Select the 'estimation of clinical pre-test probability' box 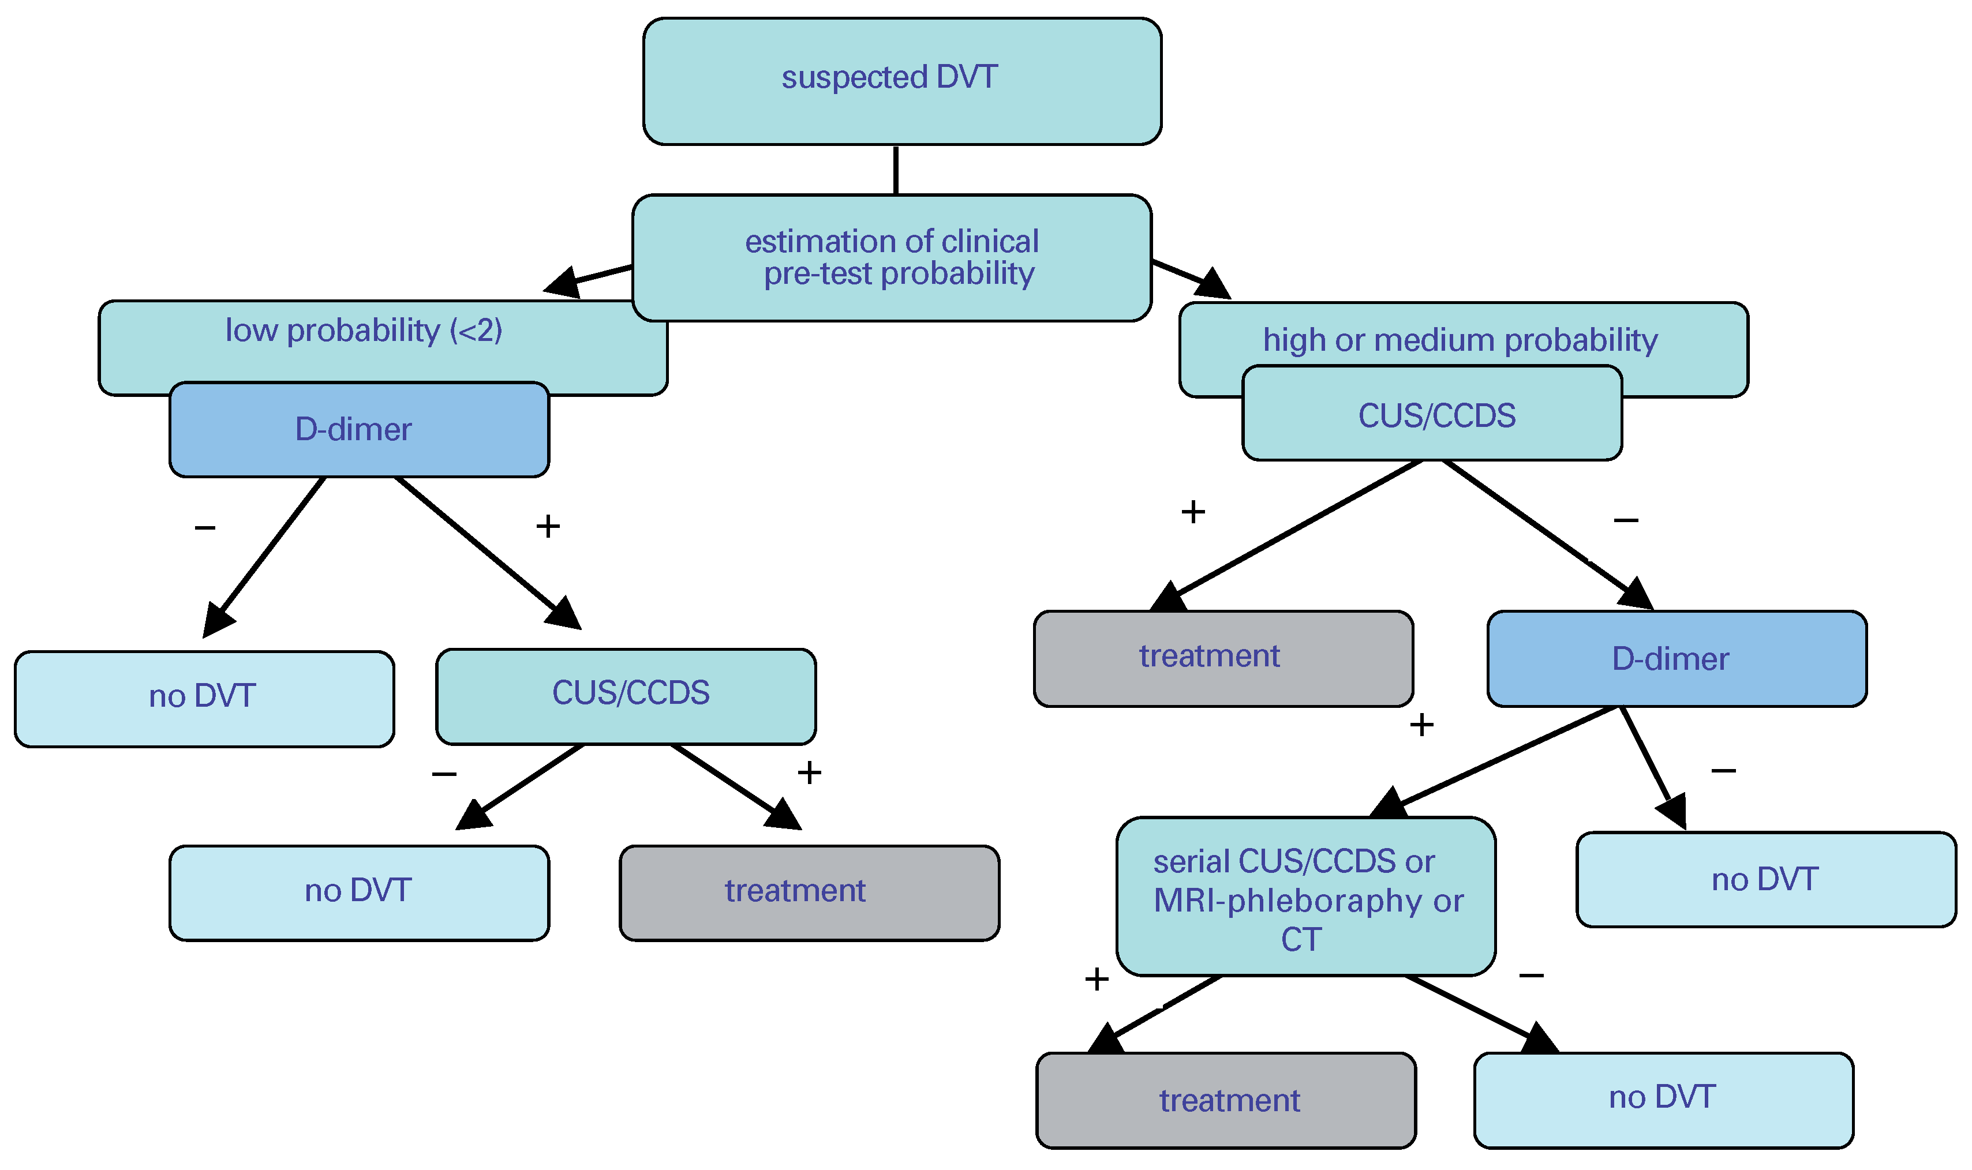892,258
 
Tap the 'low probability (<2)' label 364,331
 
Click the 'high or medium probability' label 1460,340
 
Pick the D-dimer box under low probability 359,430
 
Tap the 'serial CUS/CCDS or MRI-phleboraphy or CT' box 1306,899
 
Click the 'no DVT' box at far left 203,697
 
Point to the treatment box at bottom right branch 1229,1100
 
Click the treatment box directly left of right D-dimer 1222,658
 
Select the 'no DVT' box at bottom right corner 1663,1098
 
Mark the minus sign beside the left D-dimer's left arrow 205,527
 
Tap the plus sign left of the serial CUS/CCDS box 1097,979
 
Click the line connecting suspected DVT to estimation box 896,170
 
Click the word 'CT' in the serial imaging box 1301,940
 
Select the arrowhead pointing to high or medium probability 1215,284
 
